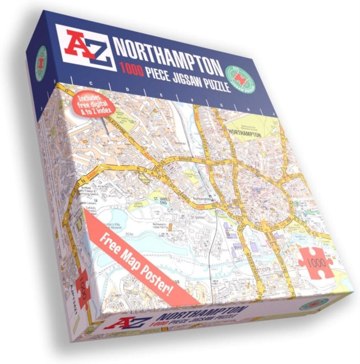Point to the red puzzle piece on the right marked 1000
pyautogui.click(x=315, y=261)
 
